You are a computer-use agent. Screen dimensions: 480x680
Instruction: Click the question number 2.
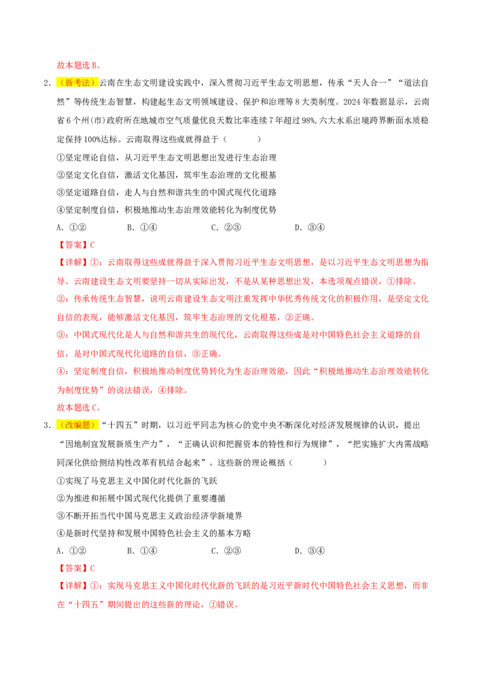[47, 83]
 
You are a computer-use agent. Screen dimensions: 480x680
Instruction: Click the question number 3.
[47, 425]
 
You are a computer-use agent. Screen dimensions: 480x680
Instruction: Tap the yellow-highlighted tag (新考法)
[77, 83]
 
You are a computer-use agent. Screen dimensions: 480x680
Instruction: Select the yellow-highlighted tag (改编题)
[77, 425]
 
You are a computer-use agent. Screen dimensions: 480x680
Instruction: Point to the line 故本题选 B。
[79, 65]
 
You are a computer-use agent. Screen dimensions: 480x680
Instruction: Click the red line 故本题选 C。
[79, 408]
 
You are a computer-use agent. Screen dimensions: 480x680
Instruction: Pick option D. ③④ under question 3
[310, 551]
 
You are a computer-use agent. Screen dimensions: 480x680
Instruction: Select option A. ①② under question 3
[71, 551]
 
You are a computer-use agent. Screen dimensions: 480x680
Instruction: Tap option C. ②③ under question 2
[226, 228]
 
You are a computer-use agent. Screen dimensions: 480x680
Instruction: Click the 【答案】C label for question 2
[76, 245]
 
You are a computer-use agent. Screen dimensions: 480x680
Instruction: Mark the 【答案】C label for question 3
[76, 568]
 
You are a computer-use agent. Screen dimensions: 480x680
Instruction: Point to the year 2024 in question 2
[352, 102]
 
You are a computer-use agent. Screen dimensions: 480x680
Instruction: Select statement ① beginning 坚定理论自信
[167, 158]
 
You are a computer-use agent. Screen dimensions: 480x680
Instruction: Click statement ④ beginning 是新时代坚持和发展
[154, 533]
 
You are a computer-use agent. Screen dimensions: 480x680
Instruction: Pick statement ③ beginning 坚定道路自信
[167, 193]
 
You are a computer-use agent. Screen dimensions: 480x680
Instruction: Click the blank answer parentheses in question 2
[242, 139]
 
